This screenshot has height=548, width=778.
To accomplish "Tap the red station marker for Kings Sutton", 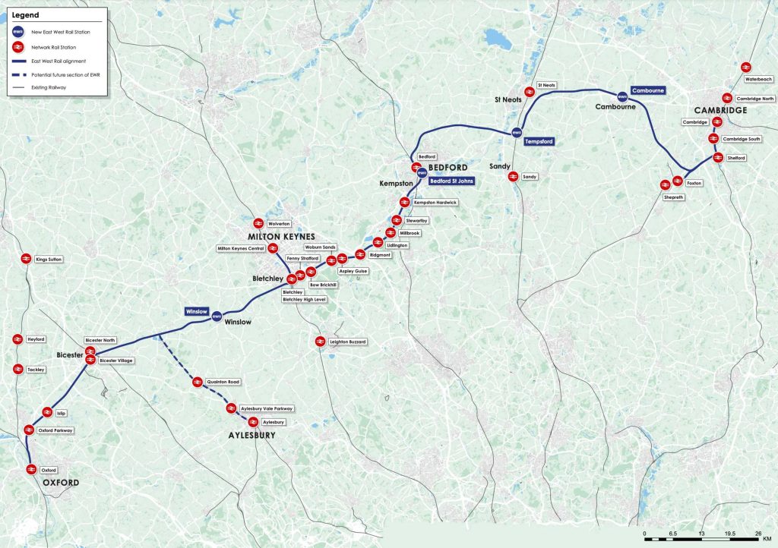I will point(26,259).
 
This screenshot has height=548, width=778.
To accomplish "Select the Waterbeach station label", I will point(758,79).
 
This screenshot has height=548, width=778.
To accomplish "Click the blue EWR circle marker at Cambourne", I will point(622,96).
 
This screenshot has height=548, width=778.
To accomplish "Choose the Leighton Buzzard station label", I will point(348,342).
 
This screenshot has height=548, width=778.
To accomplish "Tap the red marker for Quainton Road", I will point(198,382).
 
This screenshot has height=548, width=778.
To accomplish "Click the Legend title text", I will point(23,14).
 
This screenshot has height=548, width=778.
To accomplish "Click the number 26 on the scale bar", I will point(757,534).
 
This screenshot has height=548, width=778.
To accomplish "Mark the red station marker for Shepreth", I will point(665,184).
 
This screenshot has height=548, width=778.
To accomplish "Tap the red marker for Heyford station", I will point(17,339).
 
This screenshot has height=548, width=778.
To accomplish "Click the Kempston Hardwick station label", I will point(435,203).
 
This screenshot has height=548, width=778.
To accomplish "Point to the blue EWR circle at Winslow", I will point(217,317).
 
